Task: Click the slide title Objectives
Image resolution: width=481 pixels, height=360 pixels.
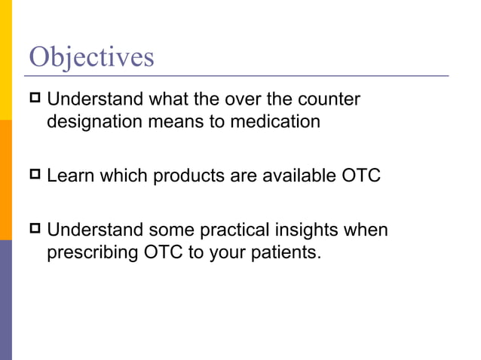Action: (90, 56)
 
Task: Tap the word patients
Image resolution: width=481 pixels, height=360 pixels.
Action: (288, 252)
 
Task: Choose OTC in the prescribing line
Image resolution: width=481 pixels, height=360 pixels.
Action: (164, 252)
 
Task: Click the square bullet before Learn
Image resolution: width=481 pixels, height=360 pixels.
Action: (35, 175)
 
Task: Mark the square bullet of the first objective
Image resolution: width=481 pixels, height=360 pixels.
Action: (35, 99)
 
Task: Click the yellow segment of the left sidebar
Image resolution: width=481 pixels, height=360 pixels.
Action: (6, 60)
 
